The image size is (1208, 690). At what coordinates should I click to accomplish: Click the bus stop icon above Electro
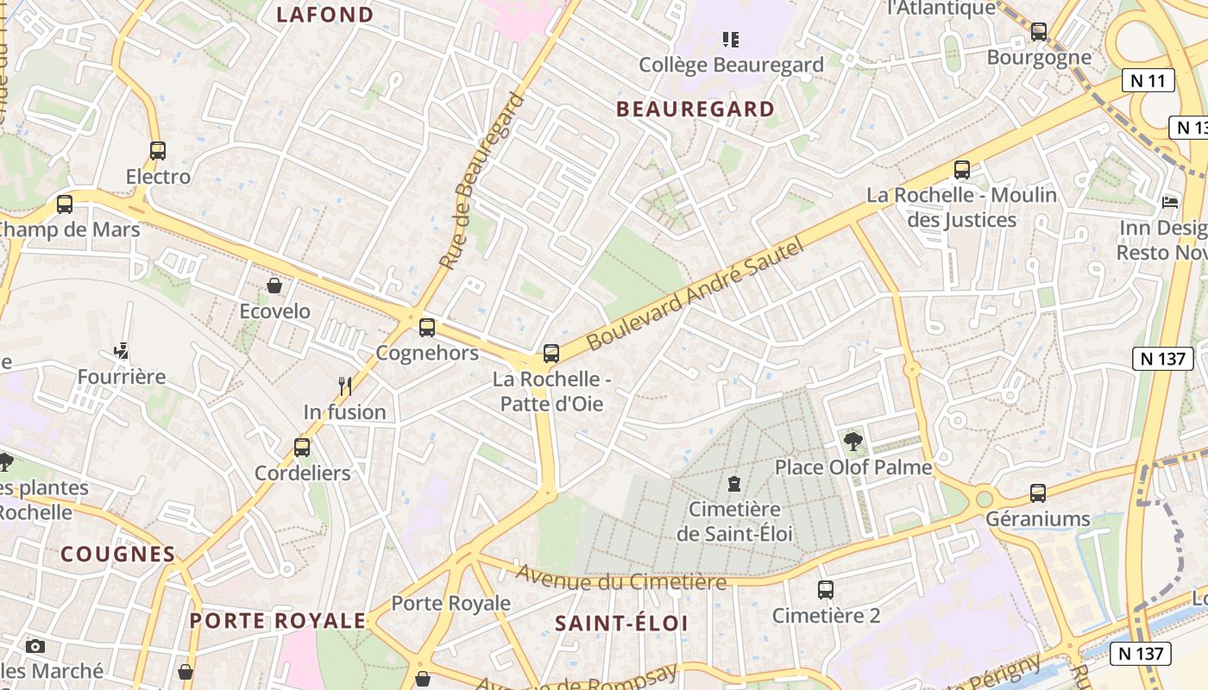(x=157, y=151)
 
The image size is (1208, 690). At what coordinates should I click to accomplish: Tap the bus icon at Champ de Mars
(x=65, y=204)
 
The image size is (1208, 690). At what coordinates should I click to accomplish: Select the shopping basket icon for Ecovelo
(x=274, y=285)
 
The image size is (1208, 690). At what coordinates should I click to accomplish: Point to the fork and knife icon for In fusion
(x=345, y=386)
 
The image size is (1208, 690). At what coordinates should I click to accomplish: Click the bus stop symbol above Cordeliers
(x=302, y=447)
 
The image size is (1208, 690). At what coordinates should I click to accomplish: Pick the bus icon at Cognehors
(x=427, y=328)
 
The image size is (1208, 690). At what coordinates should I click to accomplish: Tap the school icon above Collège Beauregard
(x=731, y=39)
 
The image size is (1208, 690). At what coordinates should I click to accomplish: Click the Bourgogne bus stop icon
(x=1039, y=32)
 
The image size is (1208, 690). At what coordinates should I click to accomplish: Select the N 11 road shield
(x=1148, y=81)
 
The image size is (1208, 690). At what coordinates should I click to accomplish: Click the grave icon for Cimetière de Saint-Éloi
(x=734, y=483)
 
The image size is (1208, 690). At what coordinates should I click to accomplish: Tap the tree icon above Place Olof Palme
(x=853, y=442)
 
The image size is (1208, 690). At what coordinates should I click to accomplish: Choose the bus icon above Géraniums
(x=1038, y=493)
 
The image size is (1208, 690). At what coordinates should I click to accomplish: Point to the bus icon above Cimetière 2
(x=826, y=590)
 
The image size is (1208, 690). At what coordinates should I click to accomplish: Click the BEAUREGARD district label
(x=695, y=109)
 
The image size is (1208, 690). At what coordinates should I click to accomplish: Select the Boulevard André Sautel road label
(x=695, y=294)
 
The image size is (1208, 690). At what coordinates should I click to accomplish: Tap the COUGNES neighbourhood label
(x=117, y=554)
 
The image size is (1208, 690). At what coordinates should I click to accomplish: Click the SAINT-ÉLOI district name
(x=621, y=623)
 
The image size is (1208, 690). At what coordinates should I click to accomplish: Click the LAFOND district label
(x=325, y=15)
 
